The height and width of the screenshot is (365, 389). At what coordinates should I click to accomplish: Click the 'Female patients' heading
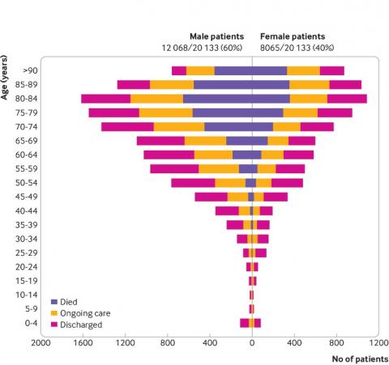pyautogui.click(x=293, y=36)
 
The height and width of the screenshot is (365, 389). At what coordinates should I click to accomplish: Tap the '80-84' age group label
pyautogui.click(x=26, y=99)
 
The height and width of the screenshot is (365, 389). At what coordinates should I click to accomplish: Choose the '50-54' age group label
pyautogui.click(x=26, y=183)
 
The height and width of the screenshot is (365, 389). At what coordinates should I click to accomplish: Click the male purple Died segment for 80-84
pyautogui.click(x=217, y=99)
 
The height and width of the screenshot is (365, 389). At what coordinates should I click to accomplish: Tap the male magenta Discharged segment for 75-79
pyautogui.click(x=113, y=112)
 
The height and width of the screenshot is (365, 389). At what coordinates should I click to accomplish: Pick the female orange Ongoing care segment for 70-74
pyautogui.click(x=286, y=126)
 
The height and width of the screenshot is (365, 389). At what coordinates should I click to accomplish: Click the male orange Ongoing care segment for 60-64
pyautogui.click(x=213, y=155)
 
